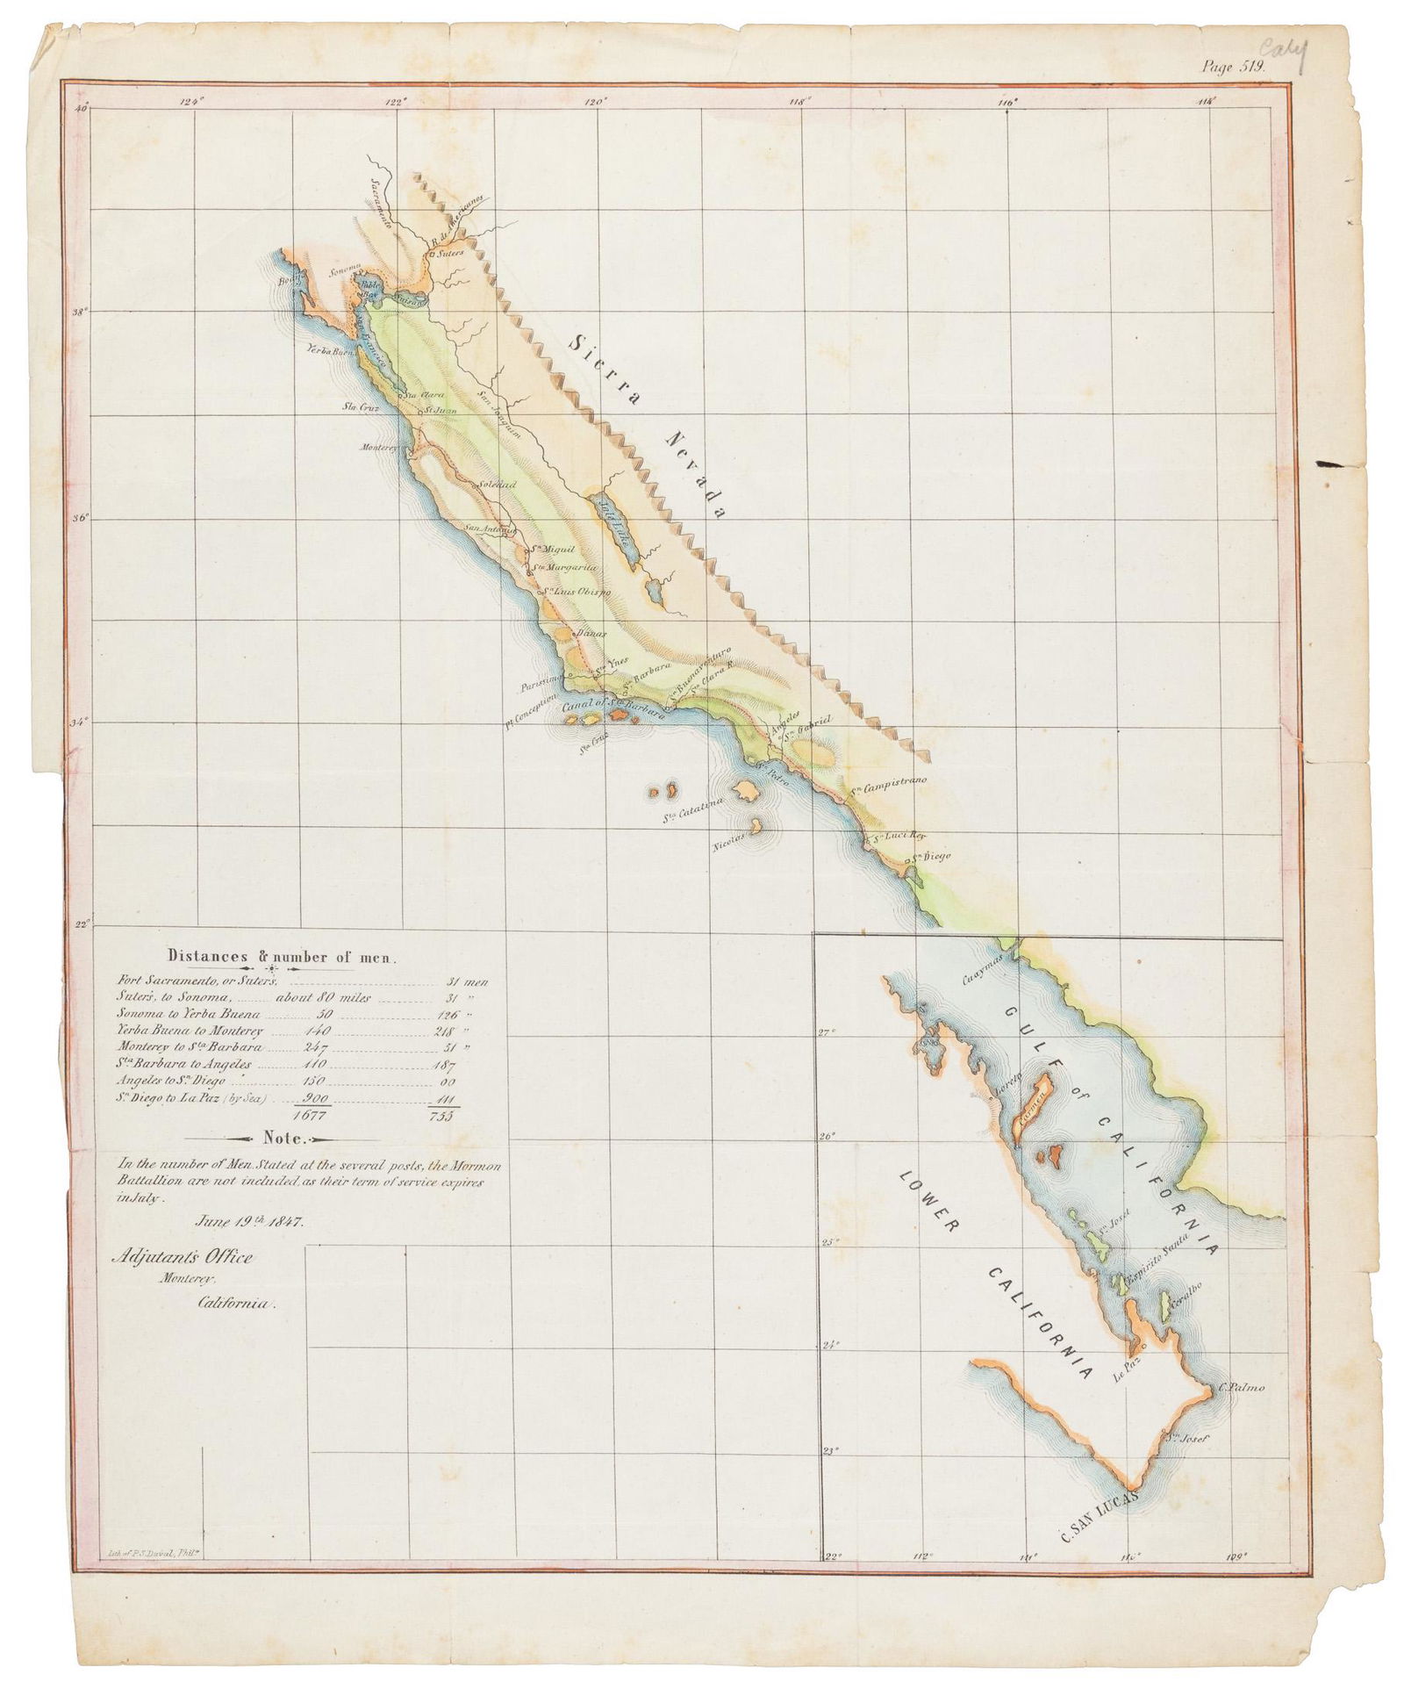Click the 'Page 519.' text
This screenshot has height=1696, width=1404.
point(1232,64)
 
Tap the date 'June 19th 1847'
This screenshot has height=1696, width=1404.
point(249,1221)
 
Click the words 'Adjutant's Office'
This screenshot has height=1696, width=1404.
point(182,1258)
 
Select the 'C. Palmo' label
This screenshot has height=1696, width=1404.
point(1242,1388)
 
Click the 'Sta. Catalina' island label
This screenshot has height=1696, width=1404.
point(691,806)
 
